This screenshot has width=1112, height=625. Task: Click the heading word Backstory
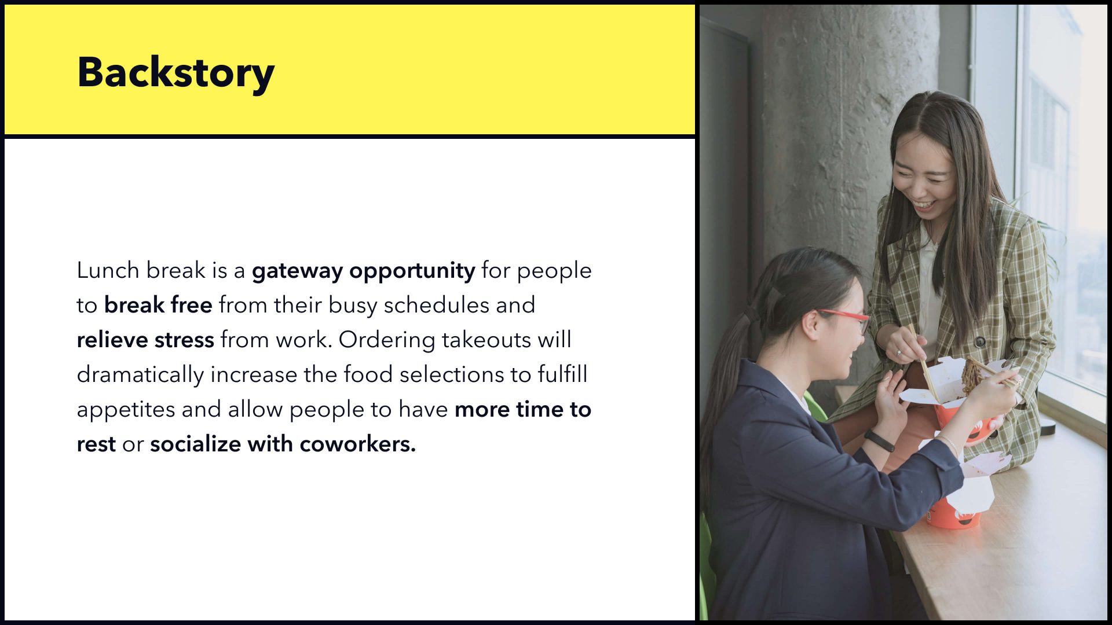175,73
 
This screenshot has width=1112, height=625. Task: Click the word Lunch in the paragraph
108,270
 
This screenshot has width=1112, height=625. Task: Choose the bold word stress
184,340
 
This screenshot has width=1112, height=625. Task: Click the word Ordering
387,340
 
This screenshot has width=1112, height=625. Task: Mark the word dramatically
140,375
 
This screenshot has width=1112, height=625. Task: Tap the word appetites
126,410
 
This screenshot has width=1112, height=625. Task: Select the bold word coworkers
358,444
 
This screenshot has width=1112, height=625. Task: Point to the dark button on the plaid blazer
980,341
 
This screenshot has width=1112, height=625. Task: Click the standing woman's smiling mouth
923,205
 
